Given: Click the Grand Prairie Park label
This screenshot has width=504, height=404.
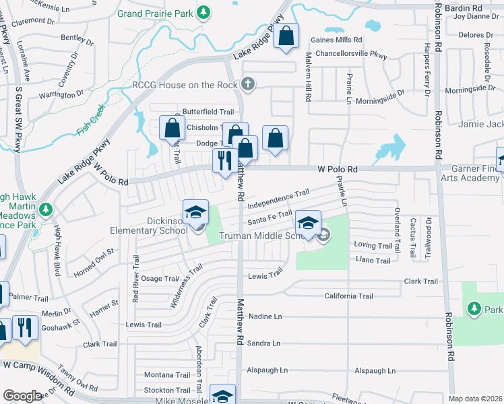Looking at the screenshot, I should [156, 13].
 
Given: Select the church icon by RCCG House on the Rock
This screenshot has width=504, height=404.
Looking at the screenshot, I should [248, 84].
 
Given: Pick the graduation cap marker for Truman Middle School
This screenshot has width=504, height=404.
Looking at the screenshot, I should [307, 223].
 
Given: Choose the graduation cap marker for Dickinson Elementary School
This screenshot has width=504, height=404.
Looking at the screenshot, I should [195, 213].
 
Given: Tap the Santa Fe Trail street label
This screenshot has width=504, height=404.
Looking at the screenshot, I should [269, 217].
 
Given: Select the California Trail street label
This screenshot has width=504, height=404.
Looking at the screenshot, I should [348, 296].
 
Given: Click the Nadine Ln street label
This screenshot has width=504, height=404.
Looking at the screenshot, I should [265, 316].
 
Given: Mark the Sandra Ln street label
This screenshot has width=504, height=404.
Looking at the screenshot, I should [263, 343].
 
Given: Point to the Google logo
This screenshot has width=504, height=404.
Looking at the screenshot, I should [22, 396].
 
